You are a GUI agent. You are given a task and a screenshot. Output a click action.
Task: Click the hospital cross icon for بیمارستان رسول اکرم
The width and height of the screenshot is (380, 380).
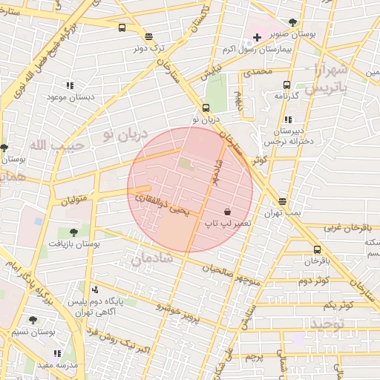[x=257, y=37]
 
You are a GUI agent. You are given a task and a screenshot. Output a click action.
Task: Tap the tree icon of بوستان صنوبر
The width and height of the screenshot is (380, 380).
[x=292, y=22]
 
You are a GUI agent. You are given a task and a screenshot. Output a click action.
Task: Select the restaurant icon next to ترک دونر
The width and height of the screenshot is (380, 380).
[x=148, y=36]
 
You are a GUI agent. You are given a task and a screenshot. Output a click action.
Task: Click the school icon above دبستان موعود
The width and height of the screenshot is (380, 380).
[x=70, y=86]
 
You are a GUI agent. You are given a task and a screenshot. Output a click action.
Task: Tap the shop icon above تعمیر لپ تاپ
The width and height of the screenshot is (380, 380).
[x=226, y=212]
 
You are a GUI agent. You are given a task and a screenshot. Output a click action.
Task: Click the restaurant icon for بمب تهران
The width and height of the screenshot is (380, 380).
[x=282, y=201]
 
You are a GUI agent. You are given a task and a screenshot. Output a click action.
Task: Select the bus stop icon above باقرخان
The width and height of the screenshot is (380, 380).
[x=317, y=249]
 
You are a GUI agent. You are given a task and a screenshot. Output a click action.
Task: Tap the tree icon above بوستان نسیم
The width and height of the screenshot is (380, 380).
[x=33, y=320]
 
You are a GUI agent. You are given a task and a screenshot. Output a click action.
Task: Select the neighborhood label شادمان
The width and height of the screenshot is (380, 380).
[x=151, y=259]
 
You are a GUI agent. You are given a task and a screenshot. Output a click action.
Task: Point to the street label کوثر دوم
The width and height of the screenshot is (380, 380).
[x=313, y=281]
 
